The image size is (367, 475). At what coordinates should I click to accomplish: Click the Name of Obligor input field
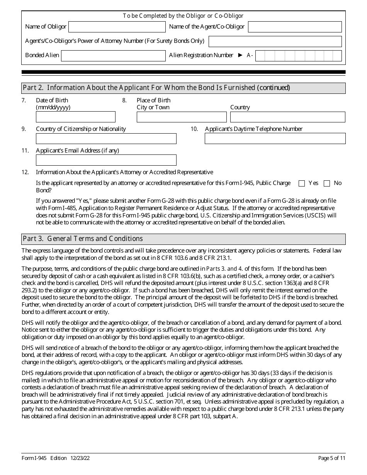coord(117,27)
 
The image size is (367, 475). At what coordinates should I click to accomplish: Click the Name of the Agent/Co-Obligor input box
coord(294,27)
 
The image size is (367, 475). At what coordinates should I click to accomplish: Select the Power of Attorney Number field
coord(275,41)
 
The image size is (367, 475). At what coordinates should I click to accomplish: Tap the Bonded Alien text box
coord(113,56)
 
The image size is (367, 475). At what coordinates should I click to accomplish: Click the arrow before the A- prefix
coord(240,55)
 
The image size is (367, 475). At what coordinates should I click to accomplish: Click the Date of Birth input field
coord(75,117)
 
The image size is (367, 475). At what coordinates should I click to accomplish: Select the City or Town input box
coord(182,117)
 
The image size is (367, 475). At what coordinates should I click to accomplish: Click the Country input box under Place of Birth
coord(287,117)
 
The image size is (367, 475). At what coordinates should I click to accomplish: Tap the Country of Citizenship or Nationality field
coord(106,139)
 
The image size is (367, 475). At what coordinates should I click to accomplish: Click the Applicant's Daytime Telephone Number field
coord(275,139)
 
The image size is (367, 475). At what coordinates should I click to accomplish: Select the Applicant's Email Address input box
coord(106,160)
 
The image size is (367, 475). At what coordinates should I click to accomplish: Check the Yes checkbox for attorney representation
coord(302,183)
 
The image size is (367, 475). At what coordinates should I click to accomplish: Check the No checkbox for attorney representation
coord(327,183)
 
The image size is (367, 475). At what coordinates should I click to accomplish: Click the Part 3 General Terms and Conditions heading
coord(83,239)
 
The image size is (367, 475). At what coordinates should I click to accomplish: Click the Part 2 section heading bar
coord(183,88)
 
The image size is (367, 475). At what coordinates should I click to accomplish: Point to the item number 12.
coord(25,172)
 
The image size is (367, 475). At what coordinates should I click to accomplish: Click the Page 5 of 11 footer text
coord(331,458)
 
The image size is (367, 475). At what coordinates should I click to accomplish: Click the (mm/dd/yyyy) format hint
coord(53,107)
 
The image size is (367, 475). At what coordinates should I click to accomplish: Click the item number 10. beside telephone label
coord(194,129)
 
